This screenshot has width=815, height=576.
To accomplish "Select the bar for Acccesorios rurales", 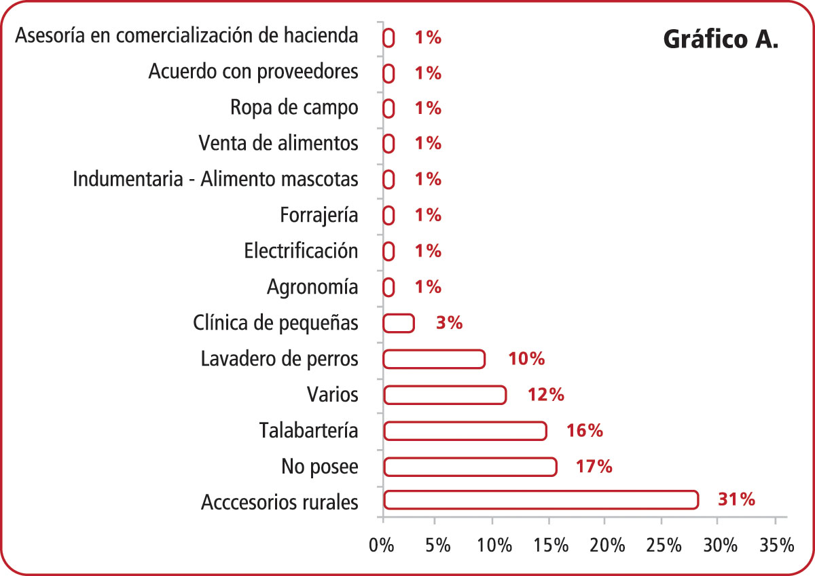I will pyautogui.click(x=541, y=500).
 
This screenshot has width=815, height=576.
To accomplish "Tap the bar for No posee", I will pyautogui.click(x=470, y=467).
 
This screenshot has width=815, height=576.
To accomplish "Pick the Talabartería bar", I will pyautogui.click(x=465, y=431).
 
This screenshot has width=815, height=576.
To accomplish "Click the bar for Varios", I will pyautogui.click(x=445, y=395).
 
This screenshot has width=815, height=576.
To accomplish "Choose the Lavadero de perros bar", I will pyautogui.click(x=434, y=359).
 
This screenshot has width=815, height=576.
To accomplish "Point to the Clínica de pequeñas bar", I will pyautogui.click(x=399, y=323).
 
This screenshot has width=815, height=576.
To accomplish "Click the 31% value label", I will pyautogui.click(x=736, y=500).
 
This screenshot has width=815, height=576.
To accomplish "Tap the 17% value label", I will pyautogui.click(x=594, y=467).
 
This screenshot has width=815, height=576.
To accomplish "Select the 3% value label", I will pyautogui.click(x=449, y=323).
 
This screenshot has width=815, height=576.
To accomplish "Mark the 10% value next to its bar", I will pyautogui.click(x=526, y=359).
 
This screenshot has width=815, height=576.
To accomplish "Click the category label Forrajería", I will pyautogui.click(x=319, y=216).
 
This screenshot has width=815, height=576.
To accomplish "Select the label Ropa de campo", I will pyautogui.click(x=294, y=108).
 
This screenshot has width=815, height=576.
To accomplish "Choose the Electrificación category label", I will pyautogui.click(x=301, y=251).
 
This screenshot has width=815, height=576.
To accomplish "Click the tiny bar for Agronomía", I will pyautogui.click(x=388, y=288).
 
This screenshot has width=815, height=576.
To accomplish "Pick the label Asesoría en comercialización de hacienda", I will pyautogui.click(x=186, y=36).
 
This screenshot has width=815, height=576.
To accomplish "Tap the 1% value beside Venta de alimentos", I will pyautogui.click(x=428, y=144).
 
